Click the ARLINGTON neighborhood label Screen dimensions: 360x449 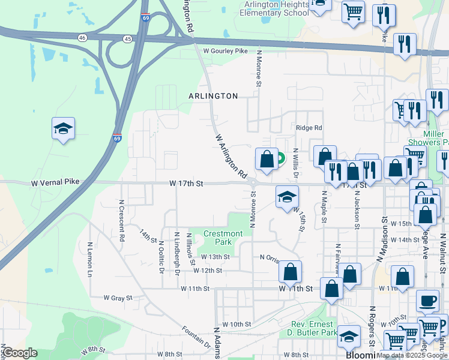pyautogui.click(x=213, y=96)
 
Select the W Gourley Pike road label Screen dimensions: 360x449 pyautogui.click(x=225, y=52)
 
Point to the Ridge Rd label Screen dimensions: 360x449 pyautogui.click(x=309, y=128)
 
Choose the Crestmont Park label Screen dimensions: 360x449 pyautogui.click(x=223, y=238)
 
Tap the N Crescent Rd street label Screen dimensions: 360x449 pyautogui.click(x=122, y=221)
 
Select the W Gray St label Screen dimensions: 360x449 pyautogui.click(x=117, y=298)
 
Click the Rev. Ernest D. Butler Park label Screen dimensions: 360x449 pyautogui.click(x=310, y=328)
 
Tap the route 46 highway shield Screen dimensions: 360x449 pyautogui.click(x=82, y=38)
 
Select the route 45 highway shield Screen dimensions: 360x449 pyautogui.click(x=127, y=39)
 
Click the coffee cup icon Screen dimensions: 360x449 pyautogui.click(x=427, y=300)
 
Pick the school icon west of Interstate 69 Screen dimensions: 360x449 pyautogui.click(x=63, y=128)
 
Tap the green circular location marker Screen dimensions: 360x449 pyautogui.click(x=280, y=158)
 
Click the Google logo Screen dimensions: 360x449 pyautogui.click(x=20, y=353)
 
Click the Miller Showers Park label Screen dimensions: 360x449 pyautogui.click(x=427, y=138)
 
